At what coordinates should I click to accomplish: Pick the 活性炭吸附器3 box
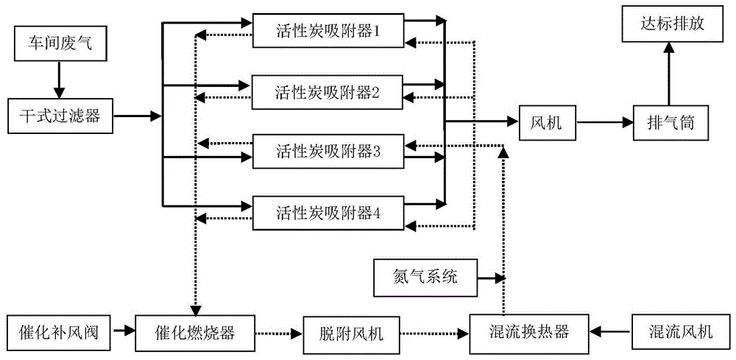pyautogui.click(x=328, y=152)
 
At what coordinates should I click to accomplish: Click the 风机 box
pyautogui.click(x=546, y=122)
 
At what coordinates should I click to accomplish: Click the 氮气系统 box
pyautogui.click(x=425, y=278)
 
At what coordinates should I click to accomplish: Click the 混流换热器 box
pyautogui.click(x=529, y=333)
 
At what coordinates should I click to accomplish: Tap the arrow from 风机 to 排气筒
pyautogui.click(x=605, y=122)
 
